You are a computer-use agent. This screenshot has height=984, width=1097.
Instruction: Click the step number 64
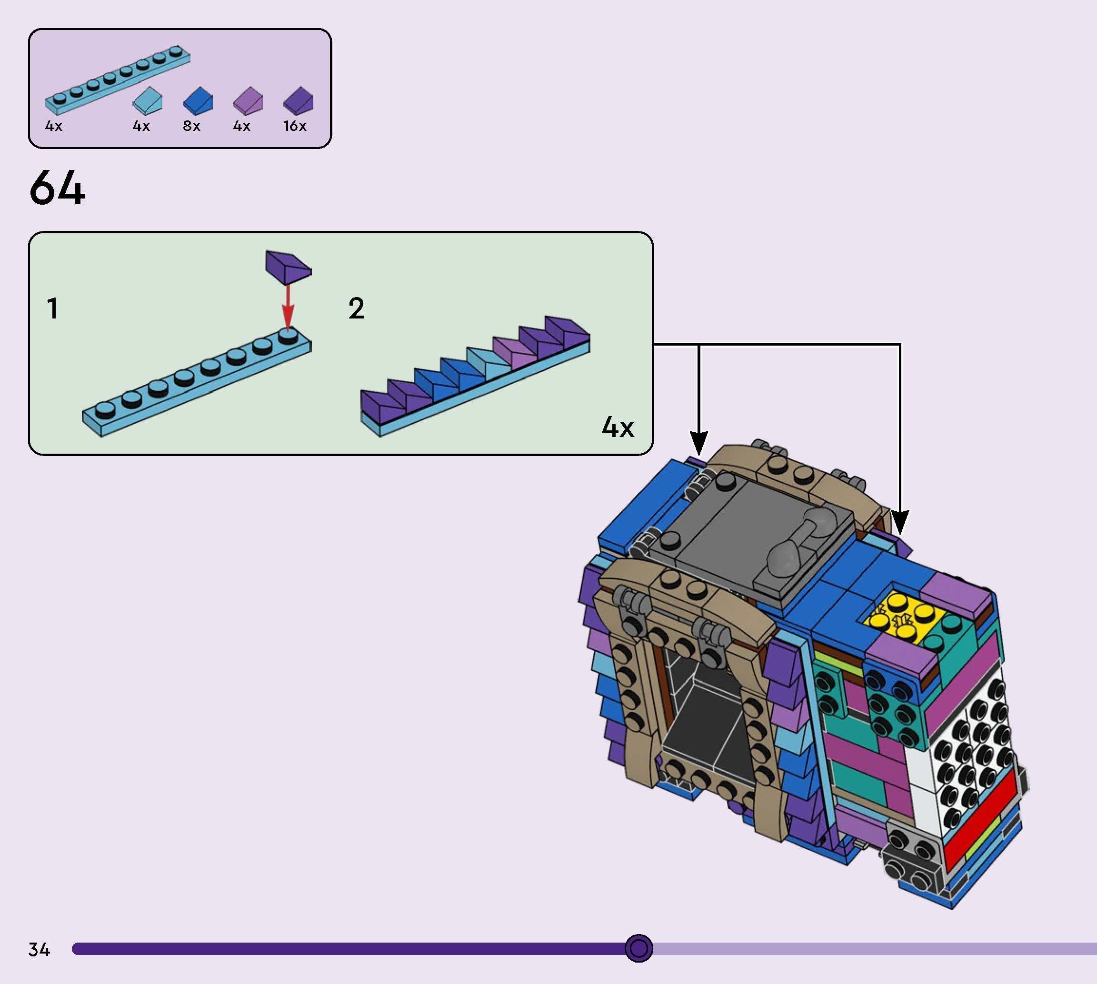click(57, 188)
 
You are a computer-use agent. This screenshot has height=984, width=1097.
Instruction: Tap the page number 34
click(39, 949)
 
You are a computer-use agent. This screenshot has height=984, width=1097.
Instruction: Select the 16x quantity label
click(295, 126)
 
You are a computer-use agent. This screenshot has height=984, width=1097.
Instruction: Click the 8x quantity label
click(191, 126)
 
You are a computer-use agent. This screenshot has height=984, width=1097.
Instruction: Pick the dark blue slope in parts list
click(198, 100)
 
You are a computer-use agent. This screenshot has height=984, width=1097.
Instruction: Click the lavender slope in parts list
click(248, 101)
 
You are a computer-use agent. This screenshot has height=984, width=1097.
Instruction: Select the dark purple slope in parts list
click(299, 100)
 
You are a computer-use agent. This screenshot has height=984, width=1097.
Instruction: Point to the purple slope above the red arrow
click(288, 266)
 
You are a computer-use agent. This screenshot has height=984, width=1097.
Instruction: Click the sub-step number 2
click(356, 308)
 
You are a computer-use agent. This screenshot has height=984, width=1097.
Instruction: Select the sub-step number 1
click(52, 308)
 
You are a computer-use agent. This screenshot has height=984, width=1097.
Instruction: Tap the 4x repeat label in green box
click(618, 427)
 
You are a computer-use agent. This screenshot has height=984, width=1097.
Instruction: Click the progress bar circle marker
click(638, 948)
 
